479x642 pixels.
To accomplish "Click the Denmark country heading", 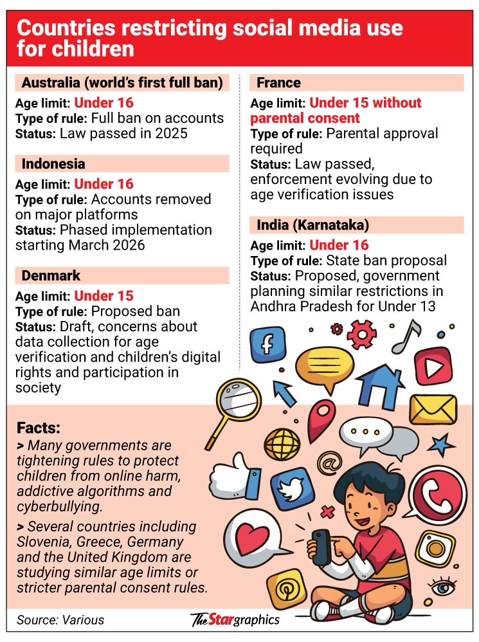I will click(x=51, y=275).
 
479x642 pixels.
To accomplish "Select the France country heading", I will click(x=278, y=82).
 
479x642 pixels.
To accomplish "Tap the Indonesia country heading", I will click(x=53, y=163).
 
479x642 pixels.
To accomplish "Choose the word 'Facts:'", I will click(x=40, y=428).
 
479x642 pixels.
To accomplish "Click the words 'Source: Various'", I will click(x=60, y=620).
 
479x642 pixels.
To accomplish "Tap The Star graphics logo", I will click(x=235, y=620).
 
